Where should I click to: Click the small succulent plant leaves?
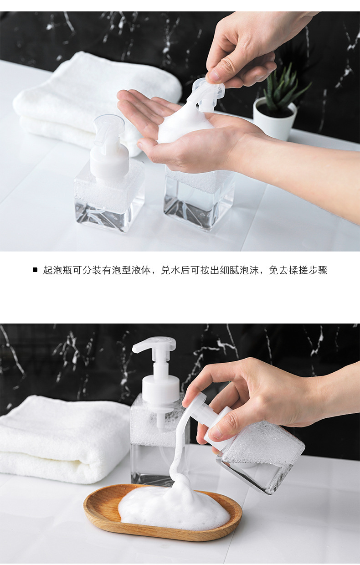pos(283,89)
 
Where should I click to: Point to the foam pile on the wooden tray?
pos(173,506)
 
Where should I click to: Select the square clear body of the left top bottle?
pos(109,200)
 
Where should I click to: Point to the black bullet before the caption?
pos(35,270)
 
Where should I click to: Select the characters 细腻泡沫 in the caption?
pos(237,270)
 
